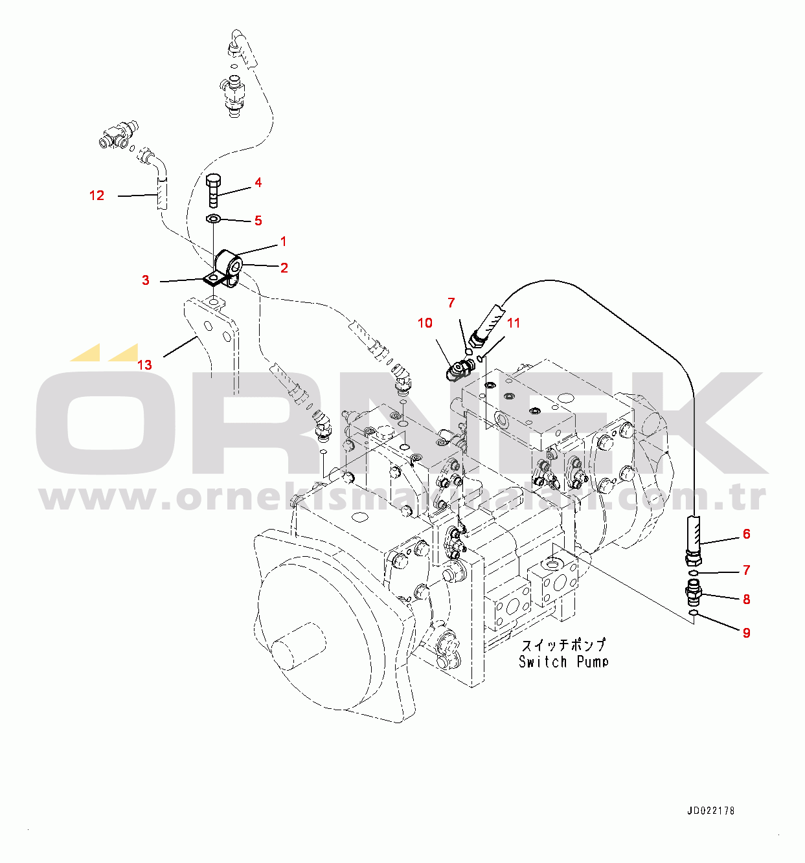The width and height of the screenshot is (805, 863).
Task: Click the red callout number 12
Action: pyautogui.click(x=96, y=196)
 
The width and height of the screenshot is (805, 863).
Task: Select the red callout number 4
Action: pyautogui.click(x=258, y=183)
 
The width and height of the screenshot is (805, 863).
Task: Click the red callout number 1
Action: pyautogui.click(x=283, y=241)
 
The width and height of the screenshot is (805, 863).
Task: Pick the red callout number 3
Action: pyautogui.click(x=146, y=280)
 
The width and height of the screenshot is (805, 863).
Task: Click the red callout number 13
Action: pyautogui.click(x=144, y=365)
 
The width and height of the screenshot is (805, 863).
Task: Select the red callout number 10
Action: pyautogui.click(x=425, y=322)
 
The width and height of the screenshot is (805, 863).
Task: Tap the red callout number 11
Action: pyautogui.click(x=514, y=322)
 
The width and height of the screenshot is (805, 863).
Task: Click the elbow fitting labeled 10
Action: pyautogui.click(x=459, y=371)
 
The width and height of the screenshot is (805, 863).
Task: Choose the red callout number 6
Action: pyautogui.click(x=746, y=534)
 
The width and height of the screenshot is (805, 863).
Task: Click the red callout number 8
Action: pyautogui.click(x=746, y=600)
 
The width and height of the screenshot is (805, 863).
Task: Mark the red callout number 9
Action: pyautogui.click(x=746, y=633)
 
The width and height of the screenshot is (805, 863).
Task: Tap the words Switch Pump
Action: pyautogui.click(x=563, y=662)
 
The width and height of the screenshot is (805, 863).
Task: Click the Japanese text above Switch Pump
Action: pyautogui.click(x=563, y=645)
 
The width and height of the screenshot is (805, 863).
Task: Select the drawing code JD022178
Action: pyautogui.click(x=711, y=811)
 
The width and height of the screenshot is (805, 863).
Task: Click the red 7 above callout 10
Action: pyautogui.click(x=451, y=302)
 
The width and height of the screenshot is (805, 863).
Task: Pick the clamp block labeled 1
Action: pyautogui.click(x=228, y=265)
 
